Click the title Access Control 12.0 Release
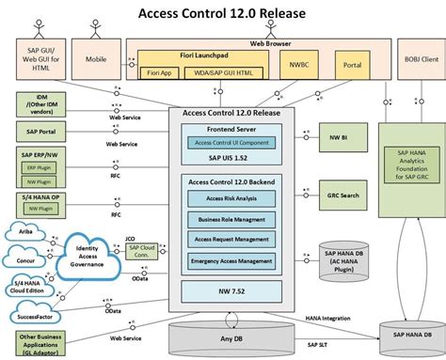click(x=222, y=13)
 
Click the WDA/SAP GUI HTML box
click(x=223, y=71)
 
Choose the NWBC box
click(x=298, y=66)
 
